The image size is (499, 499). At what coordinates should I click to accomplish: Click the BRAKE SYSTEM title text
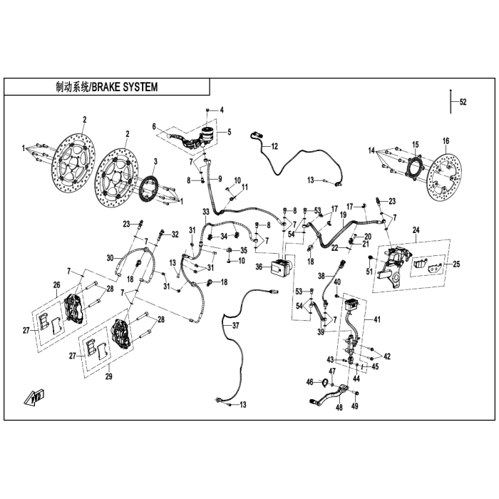click(x=106, y=87)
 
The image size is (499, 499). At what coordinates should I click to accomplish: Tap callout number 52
click(x=463, y=103)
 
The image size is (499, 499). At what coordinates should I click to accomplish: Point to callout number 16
click(x=446, y=140)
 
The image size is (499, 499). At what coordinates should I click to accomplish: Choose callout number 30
click(x=110, y=257)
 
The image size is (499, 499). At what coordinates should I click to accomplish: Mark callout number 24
click(x=416, y=230)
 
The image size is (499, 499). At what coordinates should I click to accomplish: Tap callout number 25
click(x=456, y=264)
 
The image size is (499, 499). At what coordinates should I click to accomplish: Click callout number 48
click(x=339, y=407)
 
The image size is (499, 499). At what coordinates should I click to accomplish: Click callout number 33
click(x=205, y=212)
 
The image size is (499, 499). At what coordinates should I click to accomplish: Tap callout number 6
click(x=153, y=126)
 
